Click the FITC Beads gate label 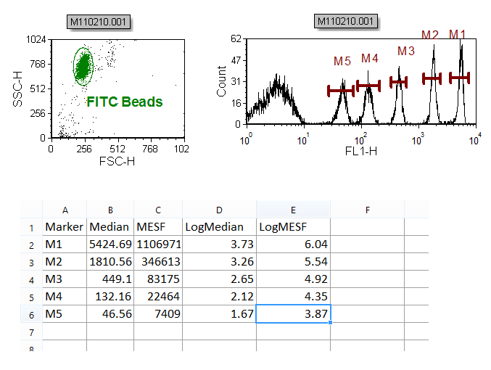coord(124,102)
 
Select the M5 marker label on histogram coord(342,62)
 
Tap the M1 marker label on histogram coord(457,34)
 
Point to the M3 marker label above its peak coord(406,51)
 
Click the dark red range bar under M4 coord(368,86)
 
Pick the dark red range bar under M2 coord(432,78)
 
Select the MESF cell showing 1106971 coord(158,245)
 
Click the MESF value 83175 coord(158,279)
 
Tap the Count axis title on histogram coord(222,81)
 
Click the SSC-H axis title coord(17,87)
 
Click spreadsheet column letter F coord(368,210)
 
